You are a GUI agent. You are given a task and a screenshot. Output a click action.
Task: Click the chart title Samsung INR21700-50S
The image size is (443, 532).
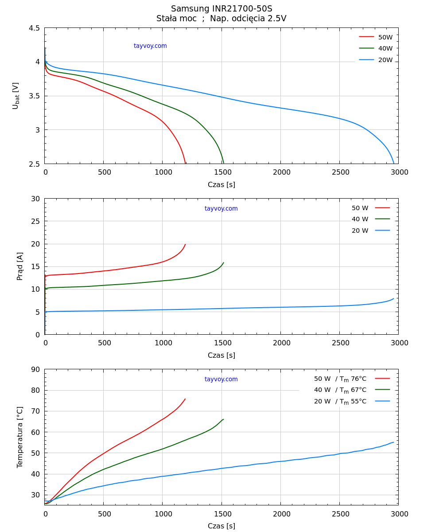pyautogui.click(x=221, y=9)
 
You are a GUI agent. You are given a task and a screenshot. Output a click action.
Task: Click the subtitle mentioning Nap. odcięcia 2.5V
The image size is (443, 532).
pyautogui.click(x=221, y=19)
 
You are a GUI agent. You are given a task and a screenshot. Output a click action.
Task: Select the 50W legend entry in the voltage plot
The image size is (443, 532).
pyautogui.click(x=385, y=37)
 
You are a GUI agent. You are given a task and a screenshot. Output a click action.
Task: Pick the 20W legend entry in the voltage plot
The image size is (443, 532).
pyautogui.click(x=385, y=60)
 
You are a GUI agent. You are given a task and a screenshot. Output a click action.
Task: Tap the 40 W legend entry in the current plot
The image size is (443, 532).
pyautogui.click(x=360, y=219)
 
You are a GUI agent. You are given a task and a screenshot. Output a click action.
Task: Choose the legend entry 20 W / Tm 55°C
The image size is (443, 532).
pyautogui.click(x=340, y=401)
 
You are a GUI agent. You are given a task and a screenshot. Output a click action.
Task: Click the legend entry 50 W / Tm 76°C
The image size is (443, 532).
pyautogui.click(x=340, y=379)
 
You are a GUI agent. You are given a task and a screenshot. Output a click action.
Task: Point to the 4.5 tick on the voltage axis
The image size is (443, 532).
pyautogui.click(x=34, y=28)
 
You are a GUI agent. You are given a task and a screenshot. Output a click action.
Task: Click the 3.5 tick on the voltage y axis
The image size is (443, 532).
pyautogui.click(x=34, y=96)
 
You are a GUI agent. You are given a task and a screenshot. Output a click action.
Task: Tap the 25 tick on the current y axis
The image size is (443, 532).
pyautogui.click(x=35, y=221)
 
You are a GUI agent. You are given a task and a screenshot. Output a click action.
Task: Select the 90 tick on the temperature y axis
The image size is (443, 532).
pyautogui.click(x=35, y=370)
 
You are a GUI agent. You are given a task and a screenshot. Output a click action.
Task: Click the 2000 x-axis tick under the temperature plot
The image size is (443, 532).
pyautogui.click(x=281, y=514)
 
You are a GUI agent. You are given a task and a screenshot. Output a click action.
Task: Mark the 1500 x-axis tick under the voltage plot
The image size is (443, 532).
pyautogui.click(x=223, y=172)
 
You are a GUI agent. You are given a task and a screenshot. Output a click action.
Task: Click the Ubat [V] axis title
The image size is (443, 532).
pyautogui.click(x=16, y=96)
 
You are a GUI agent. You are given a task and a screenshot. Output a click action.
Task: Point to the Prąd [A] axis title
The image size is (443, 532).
pyautogui.click(x=20, y=266)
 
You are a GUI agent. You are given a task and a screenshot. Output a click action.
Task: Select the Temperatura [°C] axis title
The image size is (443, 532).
pyautogui.click(x=20, y=437)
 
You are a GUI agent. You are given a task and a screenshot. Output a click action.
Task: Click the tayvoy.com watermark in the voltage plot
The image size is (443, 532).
pyautogui.click(x=150, y=46)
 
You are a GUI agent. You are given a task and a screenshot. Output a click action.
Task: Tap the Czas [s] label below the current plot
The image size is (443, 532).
pyautogui.click(x=221, y=355)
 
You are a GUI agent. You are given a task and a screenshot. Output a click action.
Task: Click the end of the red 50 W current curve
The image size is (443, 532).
pyautogui.click(x=185, y=244)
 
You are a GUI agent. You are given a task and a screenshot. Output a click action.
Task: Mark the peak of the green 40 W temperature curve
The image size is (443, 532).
pyautogui.click(x=223, y=419)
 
